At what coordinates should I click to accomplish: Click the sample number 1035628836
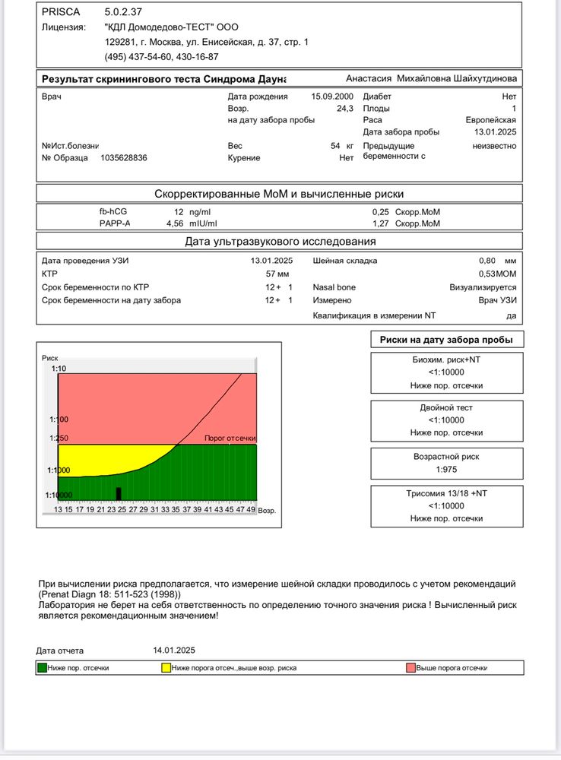[x=124, y=158]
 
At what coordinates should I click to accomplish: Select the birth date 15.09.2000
[x=332, y=97]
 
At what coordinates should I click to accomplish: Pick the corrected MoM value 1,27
[x=380, y=223]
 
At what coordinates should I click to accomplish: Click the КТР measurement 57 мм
[x=277, y=273]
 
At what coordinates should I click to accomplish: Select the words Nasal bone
[x=334, y=287]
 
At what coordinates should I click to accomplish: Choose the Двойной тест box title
[x=446, y=407]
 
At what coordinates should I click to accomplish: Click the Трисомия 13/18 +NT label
[x=446, y=493]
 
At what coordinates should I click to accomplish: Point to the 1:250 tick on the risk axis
[x=58, y=439]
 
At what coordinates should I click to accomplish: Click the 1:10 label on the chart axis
[x=59, y=369]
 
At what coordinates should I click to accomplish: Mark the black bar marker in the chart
[x=119, y=493]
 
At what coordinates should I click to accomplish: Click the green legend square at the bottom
[x=42, y=668]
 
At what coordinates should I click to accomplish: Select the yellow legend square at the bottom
[x=166, y=668]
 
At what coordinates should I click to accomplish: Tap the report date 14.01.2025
[x=174, y=651]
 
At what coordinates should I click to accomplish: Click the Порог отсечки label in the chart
[x=230, y=439]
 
